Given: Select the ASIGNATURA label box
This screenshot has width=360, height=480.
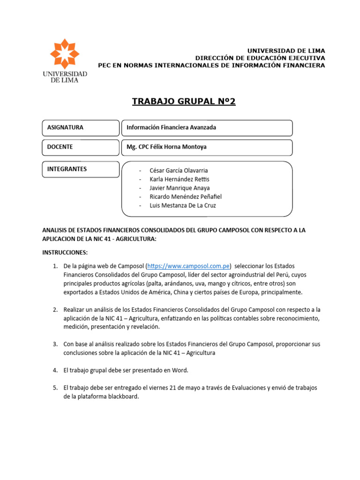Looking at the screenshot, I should click(81, 127).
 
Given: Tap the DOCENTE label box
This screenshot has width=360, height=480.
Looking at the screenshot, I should click(81, 147).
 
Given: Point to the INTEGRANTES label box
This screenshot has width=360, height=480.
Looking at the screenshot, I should click(81, 169).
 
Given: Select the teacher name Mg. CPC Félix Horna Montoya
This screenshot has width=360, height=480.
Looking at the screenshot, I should click(166, 147).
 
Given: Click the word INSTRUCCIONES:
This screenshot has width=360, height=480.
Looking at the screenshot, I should click(65, 253).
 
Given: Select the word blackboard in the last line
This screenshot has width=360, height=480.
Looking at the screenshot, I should click(124, 397).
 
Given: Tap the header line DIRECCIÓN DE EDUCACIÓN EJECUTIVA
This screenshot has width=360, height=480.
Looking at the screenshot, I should click(260, 58).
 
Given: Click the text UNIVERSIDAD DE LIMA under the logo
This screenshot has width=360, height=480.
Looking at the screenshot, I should click(65, 77).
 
